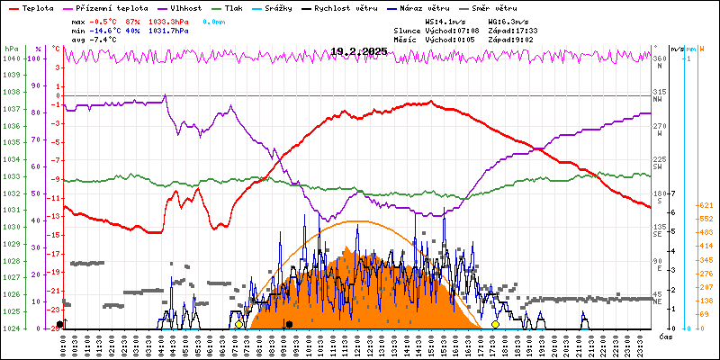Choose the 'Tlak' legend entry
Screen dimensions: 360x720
[236, 7]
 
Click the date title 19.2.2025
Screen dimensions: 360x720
[359, 51]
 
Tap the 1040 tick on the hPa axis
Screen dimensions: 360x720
[11, 58]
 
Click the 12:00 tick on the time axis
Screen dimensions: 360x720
[357, 341]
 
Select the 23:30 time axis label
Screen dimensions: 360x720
[638, 341]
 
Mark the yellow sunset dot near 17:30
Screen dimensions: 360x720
[496, 324]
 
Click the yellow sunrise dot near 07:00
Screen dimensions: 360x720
[238, 324]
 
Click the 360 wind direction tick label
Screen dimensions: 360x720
[661, 58]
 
